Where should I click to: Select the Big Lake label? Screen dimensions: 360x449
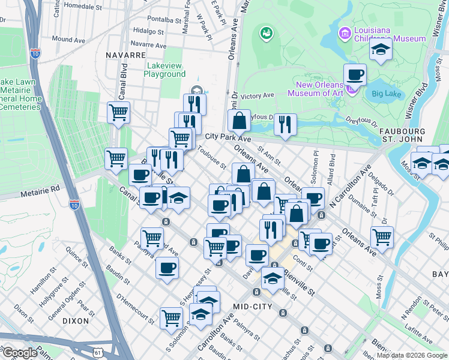point(385,94)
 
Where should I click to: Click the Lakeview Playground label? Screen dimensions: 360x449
point(164,70)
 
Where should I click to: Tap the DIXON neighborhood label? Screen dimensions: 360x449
point(76,322)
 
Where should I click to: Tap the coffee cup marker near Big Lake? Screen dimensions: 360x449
point(355,74)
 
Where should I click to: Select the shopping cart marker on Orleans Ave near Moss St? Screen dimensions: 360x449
point(382,237)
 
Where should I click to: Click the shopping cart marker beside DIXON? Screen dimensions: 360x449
point(171,318)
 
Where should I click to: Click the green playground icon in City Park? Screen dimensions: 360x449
point(265,33)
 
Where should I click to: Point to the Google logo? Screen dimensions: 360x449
point(19,353)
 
